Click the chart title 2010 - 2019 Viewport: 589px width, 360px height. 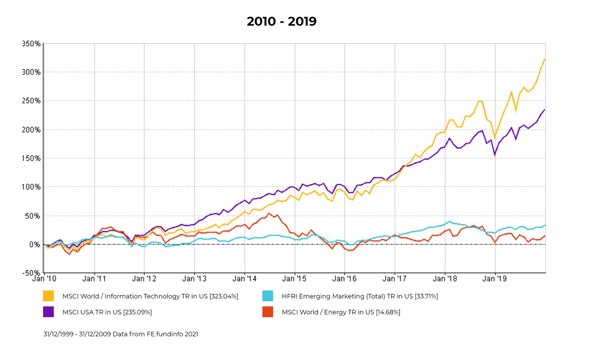[x=281, y=22]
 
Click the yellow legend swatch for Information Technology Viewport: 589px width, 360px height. [x=48, y=296]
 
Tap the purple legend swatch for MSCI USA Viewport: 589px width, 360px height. [x=48, y=312]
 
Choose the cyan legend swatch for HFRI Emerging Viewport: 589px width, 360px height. [x=268, y=296]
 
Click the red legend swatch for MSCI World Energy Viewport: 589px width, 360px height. [x=268, y=312]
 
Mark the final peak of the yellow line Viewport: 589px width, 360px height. [x=544, y=60]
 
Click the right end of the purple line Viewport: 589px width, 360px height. [x=545, y=110]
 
